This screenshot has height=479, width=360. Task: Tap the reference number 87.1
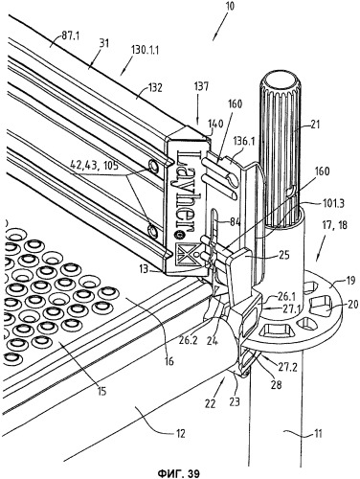pos(70,35)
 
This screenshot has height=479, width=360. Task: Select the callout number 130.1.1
pos(146,50)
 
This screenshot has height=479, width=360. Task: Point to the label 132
pos(154,87)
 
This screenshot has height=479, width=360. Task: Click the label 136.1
pos(243,140)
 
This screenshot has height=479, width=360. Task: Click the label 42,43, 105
pos(94,165)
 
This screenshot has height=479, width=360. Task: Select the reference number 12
pos(180,434)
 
